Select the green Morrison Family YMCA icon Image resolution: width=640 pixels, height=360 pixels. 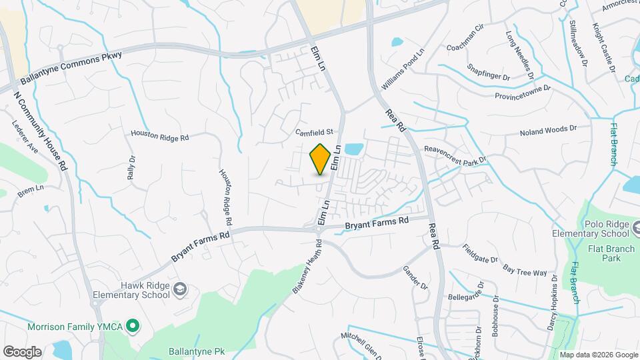tap(133, 326)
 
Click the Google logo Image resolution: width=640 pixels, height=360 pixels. tap(22, 351)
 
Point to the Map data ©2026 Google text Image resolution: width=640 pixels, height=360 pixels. tap(599, 355)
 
